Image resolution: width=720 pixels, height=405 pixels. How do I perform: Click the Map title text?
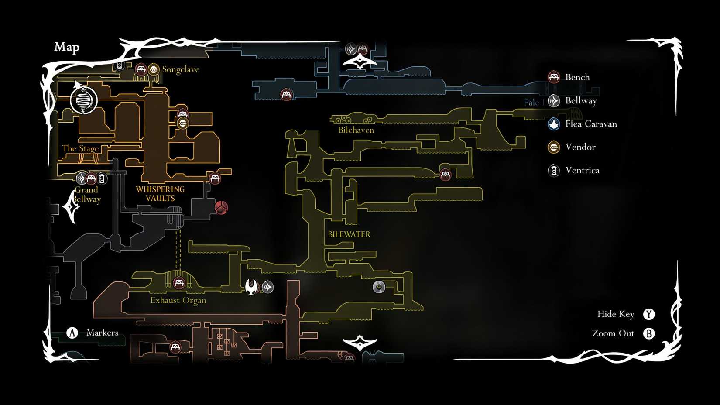tap(67, 47)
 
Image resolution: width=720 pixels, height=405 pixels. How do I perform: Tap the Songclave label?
tap(180, 69)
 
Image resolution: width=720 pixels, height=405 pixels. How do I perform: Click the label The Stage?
tap(80, 148)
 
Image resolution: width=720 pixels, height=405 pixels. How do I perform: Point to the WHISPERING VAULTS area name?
tap(160, 194)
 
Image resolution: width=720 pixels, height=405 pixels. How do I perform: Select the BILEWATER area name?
tap(349, 234)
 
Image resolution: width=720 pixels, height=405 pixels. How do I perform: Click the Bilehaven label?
tap(356, 130)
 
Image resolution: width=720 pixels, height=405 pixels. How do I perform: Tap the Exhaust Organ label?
tap(178, 300)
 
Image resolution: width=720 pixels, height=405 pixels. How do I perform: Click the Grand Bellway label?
tap(87, 195)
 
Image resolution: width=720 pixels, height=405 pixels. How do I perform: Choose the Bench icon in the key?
tap(554, 77)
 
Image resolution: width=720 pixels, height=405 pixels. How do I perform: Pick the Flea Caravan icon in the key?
tap(554, 124)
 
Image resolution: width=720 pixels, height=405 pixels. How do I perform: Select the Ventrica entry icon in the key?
tap(554, 171)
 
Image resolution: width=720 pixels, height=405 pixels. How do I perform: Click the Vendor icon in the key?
tap(554, 147)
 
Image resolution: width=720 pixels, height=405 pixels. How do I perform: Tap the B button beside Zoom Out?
tap(649, 334)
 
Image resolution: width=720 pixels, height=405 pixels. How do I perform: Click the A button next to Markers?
tap(72, 333)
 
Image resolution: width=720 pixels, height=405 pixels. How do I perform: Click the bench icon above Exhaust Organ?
tap(178, 283)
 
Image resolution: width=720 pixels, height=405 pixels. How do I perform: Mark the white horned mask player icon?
tap(251, 287)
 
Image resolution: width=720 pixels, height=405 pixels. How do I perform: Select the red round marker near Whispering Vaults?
tap(221, 207)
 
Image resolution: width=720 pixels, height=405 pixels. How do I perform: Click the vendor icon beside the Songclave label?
tap(153, 69)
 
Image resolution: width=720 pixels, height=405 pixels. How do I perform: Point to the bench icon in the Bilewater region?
tap(445, 175)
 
